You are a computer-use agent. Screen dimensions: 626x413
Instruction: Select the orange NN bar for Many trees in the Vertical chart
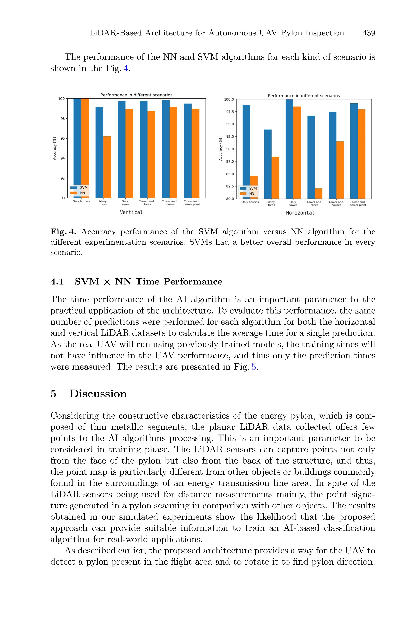tap(107, 167)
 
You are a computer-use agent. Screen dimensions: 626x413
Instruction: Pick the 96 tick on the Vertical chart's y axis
tap(63, 139)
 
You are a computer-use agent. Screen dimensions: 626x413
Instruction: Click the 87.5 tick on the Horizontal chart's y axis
tap(230, 161)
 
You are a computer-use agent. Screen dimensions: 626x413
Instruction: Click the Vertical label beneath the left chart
tap(131, 212)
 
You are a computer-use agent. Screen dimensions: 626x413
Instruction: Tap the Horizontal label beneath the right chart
tap(300, 213)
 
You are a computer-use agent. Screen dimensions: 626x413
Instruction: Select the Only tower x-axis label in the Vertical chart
tap(125, 203)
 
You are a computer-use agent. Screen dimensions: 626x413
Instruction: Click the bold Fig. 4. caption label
tap(63, 232)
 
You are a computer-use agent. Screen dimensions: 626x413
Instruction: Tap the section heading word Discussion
tap(98, 394)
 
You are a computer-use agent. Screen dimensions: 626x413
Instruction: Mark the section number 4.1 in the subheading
tap(57, 282)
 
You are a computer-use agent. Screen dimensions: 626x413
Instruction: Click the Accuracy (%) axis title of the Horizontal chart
tap(220, 149)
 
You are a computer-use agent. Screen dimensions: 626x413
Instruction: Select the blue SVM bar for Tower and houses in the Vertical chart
tap(166, 149)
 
